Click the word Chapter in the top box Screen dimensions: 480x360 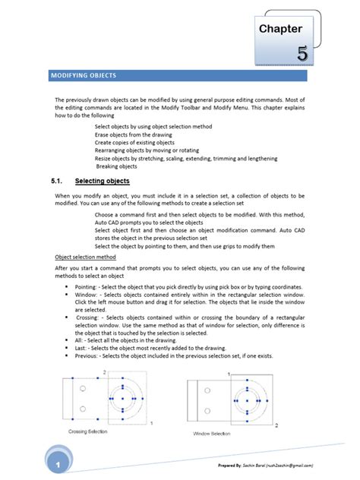(x=280, y=29)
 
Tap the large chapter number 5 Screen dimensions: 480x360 (x=302, y=54)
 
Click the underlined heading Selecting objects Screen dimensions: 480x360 (x=103, y=182)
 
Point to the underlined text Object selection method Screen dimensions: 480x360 (x=85, y=257)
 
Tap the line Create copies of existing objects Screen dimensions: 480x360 (x=134, y=142)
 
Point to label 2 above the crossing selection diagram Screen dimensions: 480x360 (x=104, y=372)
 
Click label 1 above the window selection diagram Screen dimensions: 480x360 (x=228, y=374)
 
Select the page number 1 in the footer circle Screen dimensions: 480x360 (x=55, y=463)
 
